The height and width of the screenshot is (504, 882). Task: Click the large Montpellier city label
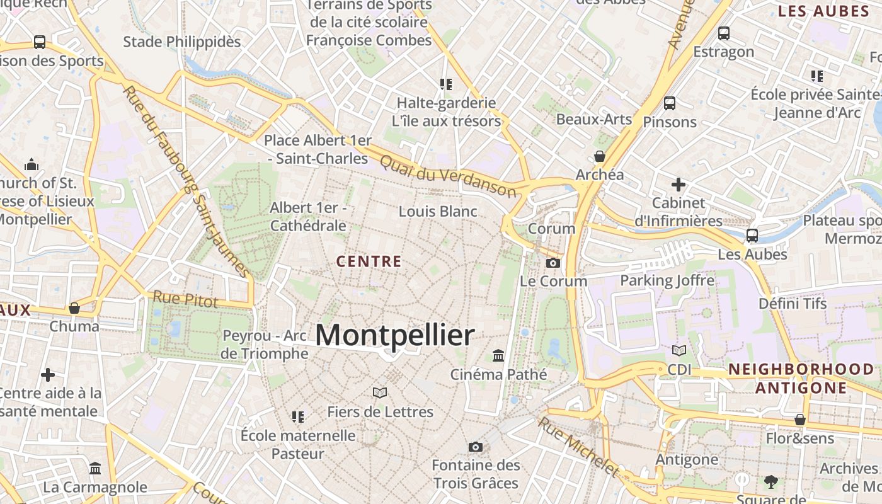point(395,336)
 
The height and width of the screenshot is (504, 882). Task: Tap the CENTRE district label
point(369,261)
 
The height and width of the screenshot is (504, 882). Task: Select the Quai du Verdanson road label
point(447,176)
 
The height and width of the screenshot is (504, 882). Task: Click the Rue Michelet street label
point(578,447)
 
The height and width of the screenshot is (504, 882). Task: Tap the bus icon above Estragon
point(724,33)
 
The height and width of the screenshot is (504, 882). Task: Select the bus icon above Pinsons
point(670,103)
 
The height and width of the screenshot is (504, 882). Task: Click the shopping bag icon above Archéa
point(600,156)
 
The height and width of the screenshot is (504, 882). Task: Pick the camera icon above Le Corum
point(553,263)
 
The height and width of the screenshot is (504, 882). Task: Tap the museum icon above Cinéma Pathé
point(498,356)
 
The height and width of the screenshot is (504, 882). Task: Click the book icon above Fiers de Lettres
point(380,393)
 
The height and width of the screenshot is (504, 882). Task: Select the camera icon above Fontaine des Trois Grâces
point(476,447)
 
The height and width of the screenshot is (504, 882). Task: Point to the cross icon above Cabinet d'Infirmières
point(679,185)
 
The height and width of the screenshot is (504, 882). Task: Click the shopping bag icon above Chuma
point(74,308)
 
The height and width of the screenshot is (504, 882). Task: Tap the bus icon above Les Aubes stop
point(752,236)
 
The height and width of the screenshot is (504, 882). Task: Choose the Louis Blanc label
point(438,212)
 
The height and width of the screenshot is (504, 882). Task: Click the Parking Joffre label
point(667,280)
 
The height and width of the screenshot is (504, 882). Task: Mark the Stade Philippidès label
point(182,42)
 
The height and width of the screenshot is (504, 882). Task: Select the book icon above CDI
point(679,350)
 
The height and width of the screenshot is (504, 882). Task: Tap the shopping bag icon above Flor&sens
point(800,420)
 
